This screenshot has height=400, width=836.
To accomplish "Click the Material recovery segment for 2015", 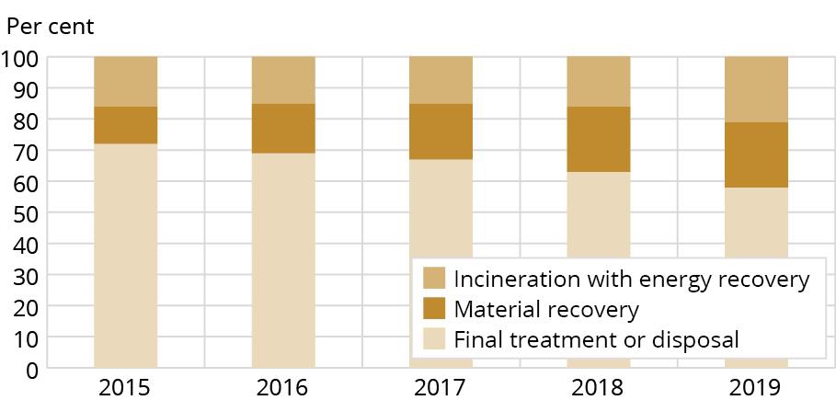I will point(126,125).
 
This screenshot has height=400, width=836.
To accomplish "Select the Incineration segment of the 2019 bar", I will point(756,89).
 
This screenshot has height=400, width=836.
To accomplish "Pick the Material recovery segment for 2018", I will point(599,139).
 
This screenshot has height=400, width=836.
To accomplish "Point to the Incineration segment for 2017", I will point(441,80).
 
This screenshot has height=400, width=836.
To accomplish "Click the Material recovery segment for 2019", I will point(756,154).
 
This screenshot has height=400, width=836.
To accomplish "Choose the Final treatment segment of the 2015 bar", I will point(126,257).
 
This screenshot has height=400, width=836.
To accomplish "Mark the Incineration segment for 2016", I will point(283,80).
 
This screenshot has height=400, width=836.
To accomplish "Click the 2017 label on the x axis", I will point(441,386).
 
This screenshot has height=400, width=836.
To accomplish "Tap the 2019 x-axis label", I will point(756,386).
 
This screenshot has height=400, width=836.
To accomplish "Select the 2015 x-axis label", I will point(126,386).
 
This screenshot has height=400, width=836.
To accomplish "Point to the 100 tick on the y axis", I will point(19,57).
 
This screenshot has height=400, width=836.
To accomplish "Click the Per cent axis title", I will point(51,25).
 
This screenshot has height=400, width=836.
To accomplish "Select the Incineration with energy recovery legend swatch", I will point(434,278).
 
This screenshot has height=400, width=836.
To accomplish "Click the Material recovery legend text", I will point(546,309).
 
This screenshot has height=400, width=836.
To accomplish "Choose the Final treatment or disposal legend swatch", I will point(434,339).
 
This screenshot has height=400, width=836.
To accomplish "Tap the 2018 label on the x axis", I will point(599,386).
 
